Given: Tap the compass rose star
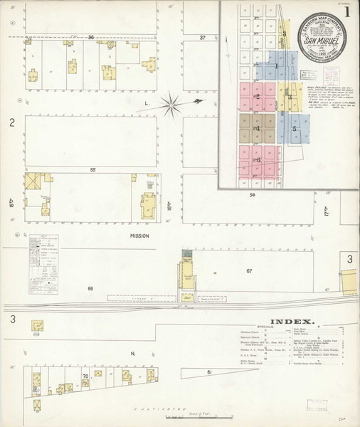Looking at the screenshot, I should pyautogui.click(x=172, y=105).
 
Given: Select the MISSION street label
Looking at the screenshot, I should pyautogui.click(x=139, y=236).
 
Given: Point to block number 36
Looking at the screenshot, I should pyautogui.click(x=91, y=37).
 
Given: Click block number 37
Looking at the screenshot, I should pyautogui.click(x=203, y=37).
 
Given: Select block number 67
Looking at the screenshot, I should pyautogui.click(x=249, y=271).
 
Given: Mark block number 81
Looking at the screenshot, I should pyautogui.click(x=209, y=372).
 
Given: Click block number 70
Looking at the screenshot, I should pyautogui.click(x=85, y=375).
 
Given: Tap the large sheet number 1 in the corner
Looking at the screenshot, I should pyautogui.click(x=346, y=12).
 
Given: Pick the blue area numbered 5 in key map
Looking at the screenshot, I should pyautogui.click(x=294, y=129).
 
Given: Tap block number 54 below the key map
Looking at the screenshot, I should pyautogui.click(x=252, y=194).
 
